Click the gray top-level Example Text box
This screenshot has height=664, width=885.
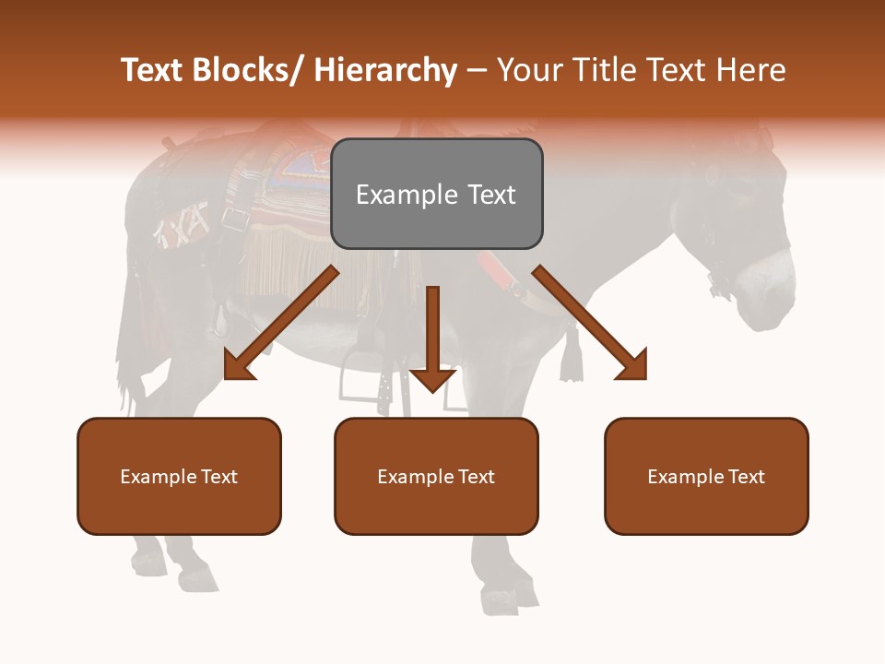coord(436,194)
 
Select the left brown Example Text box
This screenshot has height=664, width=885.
coord(179,476)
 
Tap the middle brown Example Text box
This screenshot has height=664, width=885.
coord(436,476)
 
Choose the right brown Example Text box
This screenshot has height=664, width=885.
coord(706,476)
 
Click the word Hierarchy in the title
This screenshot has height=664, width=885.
coord(385,70)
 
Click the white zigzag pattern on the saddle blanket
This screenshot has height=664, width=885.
coord(181,227)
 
